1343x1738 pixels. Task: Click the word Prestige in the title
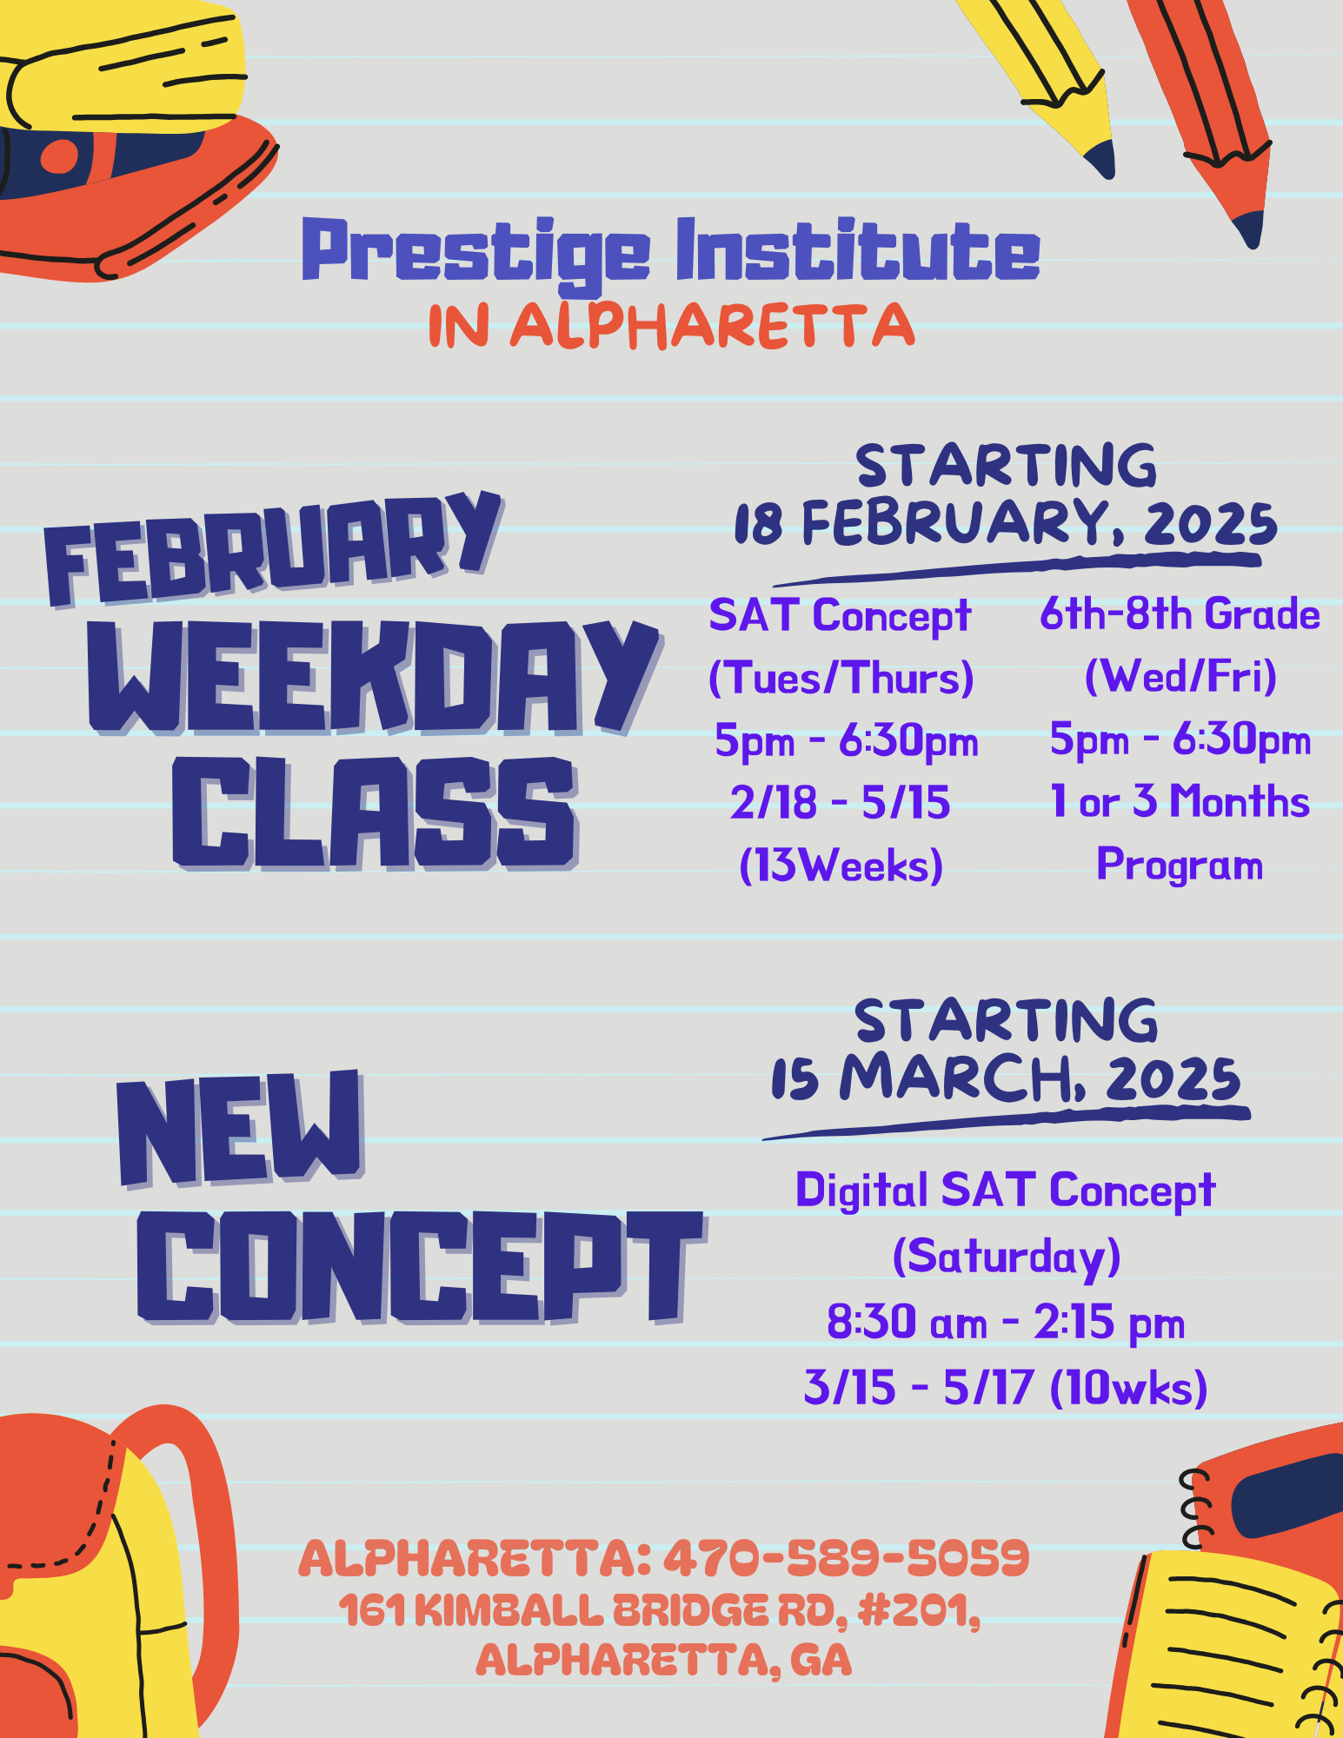475,253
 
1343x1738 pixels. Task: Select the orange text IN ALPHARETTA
671,326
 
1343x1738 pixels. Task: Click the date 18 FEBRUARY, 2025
1006,523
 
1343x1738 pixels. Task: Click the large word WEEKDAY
374,676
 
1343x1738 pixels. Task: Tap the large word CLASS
375,813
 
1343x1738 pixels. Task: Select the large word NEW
240,1128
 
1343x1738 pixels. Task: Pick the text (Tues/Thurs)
841,678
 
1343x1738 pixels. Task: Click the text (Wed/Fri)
1180,676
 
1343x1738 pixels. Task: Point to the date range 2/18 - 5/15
840,802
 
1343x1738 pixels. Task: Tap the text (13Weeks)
841,866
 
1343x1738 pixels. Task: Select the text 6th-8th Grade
1180,614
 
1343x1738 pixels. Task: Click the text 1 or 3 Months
1180,801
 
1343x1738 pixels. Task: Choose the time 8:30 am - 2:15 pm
1006,1323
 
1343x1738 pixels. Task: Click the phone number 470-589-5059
847,1557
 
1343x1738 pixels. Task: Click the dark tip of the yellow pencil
1101,158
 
